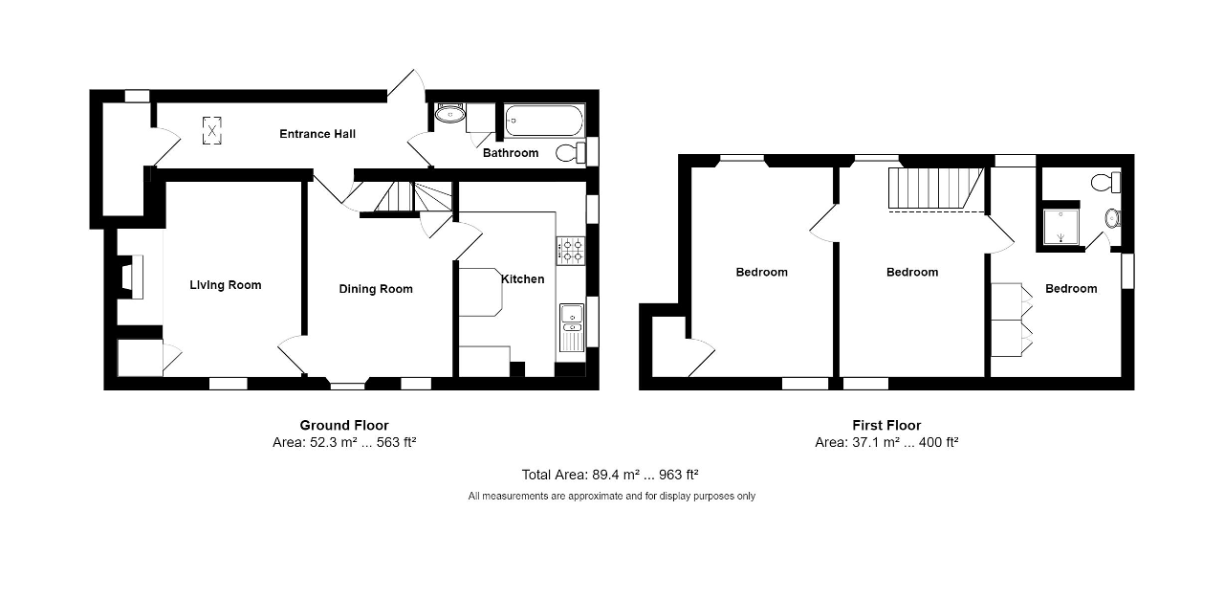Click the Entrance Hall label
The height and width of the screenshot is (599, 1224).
[x=317, y=134]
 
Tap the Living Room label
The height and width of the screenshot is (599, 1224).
[x=225, y=285]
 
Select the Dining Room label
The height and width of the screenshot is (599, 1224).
[x=376, y=289]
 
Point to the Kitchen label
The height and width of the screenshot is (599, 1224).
[x=523, y=279]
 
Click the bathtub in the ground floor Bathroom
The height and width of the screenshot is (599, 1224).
[x=544, y=121]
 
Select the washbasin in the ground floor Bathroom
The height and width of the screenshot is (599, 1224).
[x=450, y=115]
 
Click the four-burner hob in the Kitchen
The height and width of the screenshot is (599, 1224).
[x=571, y=251]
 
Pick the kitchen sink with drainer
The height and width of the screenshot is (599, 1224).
[x=572, y=328]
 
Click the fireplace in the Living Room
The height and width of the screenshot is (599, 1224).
[x=131, y=277]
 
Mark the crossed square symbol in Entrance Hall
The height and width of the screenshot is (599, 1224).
[x=211, y=131]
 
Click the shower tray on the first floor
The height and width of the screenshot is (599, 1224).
[x=1061, y=227]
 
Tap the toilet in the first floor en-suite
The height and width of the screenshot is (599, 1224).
[x=1106, y=183]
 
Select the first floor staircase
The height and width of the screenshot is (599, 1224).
[x=936, y=189]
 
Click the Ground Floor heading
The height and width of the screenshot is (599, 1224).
[x=344, y=425]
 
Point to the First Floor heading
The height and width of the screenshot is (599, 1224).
[x=886, y=425]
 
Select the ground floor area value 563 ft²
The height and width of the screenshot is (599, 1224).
[x=396, y=442]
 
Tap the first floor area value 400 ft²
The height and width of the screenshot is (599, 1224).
[x=938, y=442]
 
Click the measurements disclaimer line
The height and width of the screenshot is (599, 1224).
[x=611, y=497]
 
